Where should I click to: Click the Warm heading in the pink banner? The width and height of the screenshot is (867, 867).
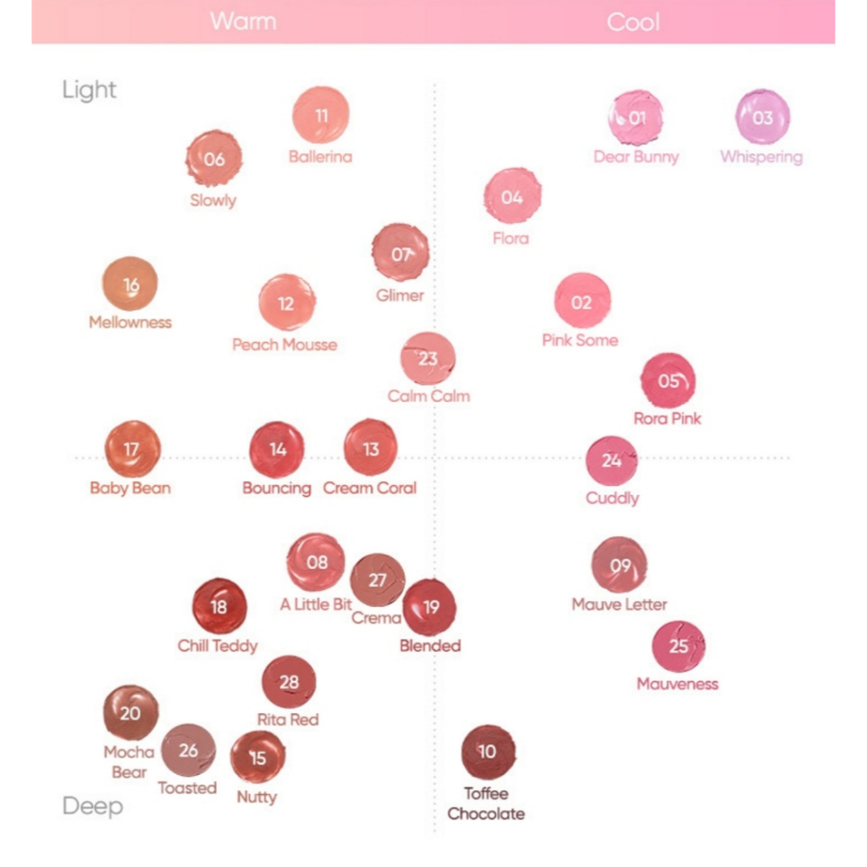[x=243, y=20]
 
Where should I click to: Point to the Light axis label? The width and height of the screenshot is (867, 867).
[x=89, y=91]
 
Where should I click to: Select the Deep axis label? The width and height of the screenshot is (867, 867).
[x=92, y=806]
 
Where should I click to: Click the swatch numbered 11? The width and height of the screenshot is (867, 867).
[x=321, y=115]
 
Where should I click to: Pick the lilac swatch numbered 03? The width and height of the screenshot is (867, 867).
[x=762, y=118]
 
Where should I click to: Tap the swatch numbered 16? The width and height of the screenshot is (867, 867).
[x=130, y=284]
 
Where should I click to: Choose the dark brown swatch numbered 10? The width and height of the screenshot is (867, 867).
[x=488, y=752]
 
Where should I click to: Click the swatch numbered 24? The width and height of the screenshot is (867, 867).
[x=611, y=461]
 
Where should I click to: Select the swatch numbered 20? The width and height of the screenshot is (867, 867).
[x=130, y=713]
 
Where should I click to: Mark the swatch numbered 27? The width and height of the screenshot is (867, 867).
[x=378, y=580]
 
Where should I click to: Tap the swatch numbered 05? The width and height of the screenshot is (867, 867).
[x=668, y=380]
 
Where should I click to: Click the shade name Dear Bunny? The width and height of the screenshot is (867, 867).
[x=636, y=157]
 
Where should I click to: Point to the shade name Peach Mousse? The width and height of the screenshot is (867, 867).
[x=284, y=345]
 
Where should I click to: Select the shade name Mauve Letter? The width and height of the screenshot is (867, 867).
[x=619, y=605]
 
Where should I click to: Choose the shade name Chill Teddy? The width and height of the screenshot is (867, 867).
[x=218, y=646]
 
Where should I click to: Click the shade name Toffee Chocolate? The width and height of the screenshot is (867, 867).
[x=486, y=803]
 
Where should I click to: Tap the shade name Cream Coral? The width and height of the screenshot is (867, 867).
[x=370, y=489]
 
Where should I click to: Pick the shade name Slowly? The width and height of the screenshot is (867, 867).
[x=213, y=201]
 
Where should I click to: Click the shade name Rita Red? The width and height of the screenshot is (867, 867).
[x=288, y=720]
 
